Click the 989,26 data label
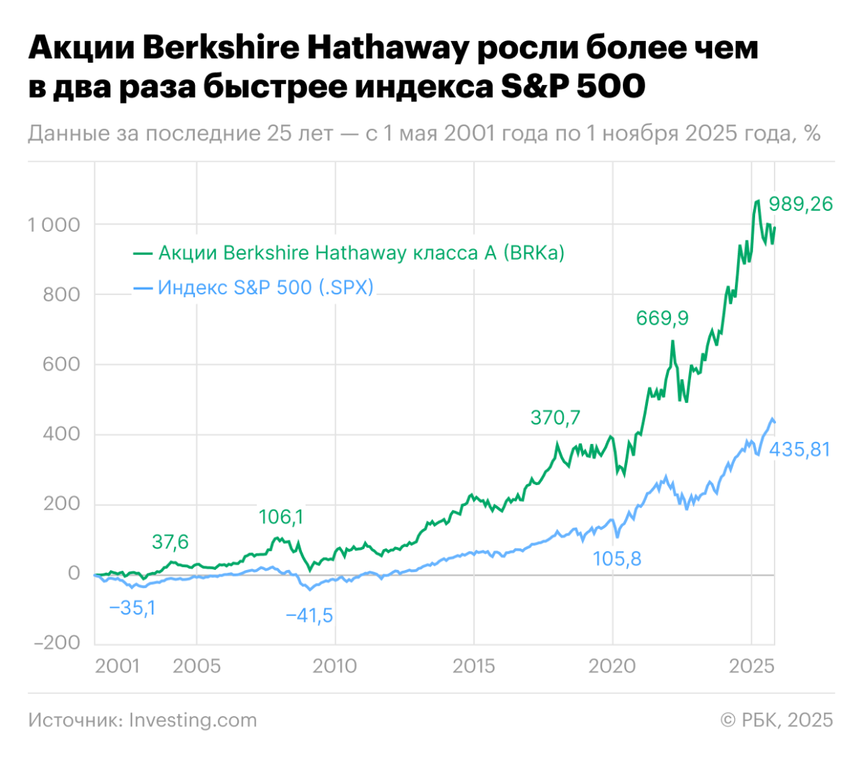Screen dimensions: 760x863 [800, 204]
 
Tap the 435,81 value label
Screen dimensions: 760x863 [800, 450]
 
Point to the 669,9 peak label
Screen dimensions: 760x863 [662, 318]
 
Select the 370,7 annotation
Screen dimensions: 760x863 [555, 417]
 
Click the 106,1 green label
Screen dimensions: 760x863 [281, 517]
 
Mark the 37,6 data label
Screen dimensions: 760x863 [170, 542]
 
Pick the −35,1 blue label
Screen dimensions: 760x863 [132, 608]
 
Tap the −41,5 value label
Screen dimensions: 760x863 [309, 616]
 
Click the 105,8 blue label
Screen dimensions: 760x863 [617, 558]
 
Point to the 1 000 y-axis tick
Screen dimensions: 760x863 [54, 225]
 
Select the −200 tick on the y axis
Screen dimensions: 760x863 [57, 643]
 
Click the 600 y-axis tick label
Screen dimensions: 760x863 [61, 364]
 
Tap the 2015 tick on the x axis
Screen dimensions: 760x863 [473, 666]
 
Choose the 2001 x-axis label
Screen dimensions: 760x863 [117, 666]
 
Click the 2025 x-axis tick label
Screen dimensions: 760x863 [752, 666]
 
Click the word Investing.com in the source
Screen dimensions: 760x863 [193, 720]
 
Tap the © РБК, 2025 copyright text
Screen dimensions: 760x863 [777, 720]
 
